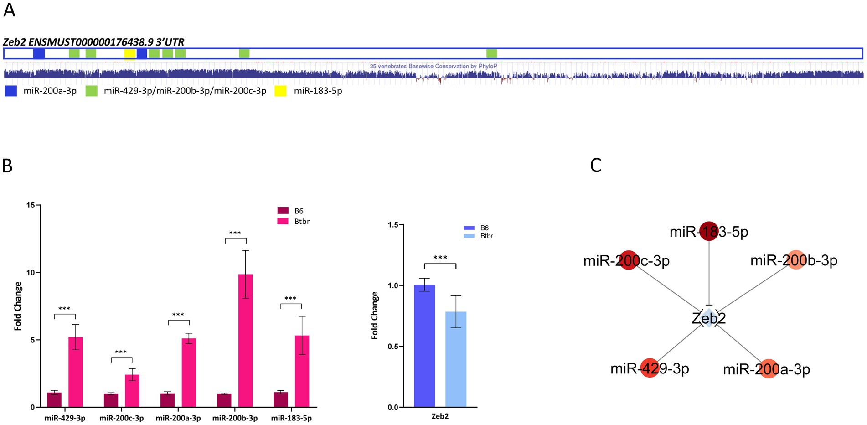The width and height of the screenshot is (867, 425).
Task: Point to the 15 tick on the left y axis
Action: tap(31, 205)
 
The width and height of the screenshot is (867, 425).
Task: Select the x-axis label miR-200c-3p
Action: tap(121, 418)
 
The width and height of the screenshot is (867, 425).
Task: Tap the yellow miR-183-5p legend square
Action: tap(280, 91)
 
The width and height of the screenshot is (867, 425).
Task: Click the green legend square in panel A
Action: tap(91, 91)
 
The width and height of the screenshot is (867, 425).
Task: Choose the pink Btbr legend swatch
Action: tap(283, 221)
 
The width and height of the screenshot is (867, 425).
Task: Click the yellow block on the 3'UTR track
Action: tap(130, 54)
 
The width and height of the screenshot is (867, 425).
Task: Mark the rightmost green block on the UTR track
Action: tap(491, 53)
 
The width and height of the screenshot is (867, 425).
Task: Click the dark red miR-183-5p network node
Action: tap(709, 231)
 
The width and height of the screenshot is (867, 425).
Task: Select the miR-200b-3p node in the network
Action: tap(795, 260)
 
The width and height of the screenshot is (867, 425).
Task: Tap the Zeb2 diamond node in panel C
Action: tap(709, 318)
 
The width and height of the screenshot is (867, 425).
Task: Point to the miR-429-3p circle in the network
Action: tap(650, 368)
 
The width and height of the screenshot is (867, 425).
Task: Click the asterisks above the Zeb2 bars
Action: tap(440, 258)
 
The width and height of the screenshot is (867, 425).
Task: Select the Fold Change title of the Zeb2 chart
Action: tap(375, 316)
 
